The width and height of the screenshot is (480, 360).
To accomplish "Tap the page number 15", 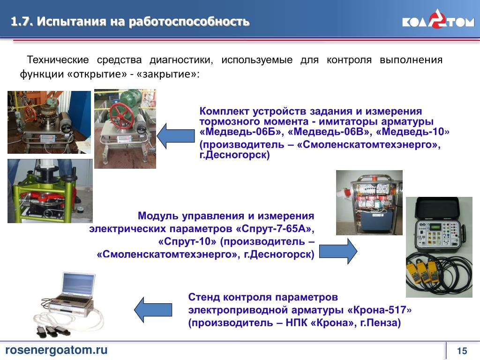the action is (x=462, y=351).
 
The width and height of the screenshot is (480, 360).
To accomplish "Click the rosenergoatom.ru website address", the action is (x=56, y=350).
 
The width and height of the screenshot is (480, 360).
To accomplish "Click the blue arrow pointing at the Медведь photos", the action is (x=176, y=136).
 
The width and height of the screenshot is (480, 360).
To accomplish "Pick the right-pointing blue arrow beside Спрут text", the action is (x=338, y=251).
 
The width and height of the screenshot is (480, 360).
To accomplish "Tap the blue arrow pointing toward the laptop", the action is (x=153, y=309).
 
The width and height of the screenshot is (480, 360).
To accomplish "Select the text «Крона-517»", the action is (x=379, y=310).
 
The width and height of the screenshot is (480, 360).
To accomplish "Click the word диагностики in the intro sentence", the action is (x=181, y=60).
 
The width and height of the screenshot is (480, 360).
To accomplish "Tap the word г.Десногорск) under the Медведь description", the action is (x=234, y=155).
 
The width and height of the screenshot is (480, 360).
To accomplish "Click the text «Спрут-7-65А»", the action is (x=275, y=229).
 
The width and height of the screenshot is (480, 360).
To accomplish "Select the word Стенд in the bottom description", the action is (x=204, y=297).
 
